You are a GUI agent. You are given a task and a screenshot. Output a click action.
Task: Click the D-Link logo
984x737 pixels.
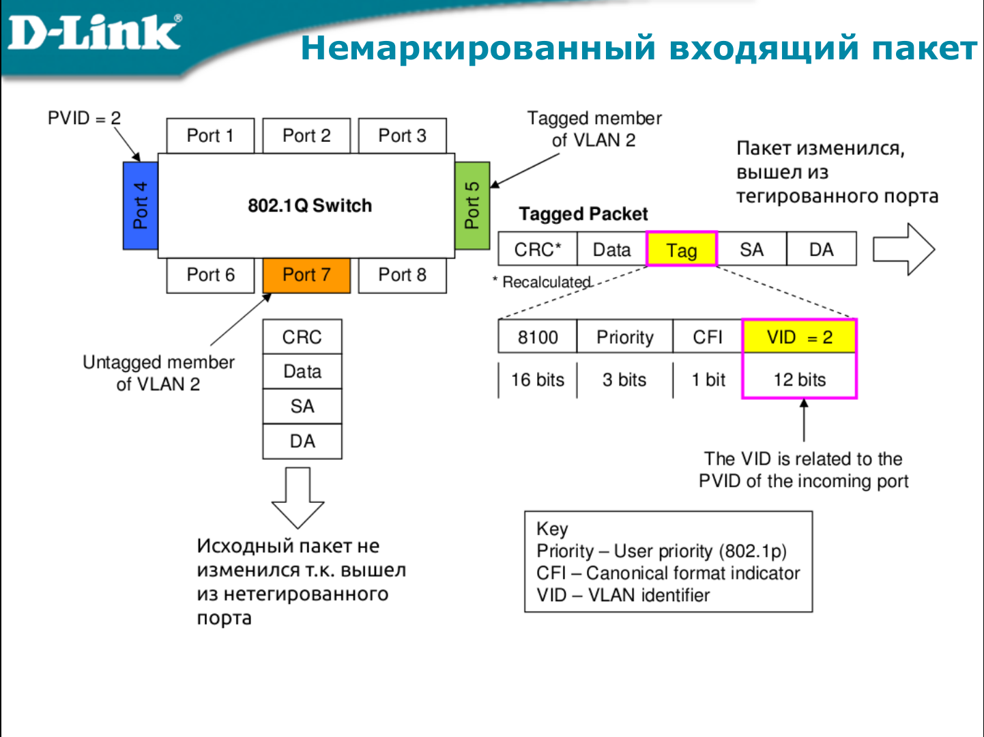(94, 32)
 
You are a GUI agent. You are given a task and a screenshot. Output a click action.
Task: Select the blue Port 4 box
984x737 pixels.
(141, 205)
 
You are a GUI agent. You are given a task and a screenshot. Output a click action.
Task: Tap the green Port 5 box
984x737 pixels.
(472, 205)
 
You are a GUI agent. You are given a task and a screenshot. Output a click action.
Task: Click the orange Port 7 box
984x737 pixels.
(306, 275)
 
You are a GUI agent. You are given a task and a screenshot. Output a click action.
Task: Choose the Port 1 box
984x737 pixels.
(210, 136)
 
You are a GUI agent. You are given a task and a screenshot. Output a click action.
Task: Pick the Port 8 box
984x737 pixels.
(402, 275)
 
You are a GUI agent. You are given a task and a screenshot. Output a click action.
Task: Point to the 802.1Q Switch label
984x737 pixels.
(310, 205)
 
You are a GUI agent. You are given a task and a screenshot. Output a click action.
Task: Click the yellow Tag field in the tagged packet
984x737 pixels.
(682, 250)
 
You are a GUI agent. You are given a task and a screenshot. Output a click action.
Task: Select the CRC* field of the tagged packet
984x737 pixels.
(538, 250)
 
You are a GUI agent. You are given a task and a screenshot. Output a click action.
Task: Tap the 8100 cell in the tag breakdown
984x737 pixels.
(538, 337)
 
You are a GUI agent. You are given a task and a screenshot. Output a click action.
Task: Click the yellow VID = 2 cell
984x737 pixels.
(799, 337)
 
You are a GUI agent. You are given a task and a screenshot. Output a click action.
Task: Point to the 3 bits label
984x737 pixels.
(624, 380)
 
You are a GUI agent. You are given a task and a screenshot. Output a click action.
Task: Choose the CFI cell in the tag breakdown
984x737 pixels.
(708, 337)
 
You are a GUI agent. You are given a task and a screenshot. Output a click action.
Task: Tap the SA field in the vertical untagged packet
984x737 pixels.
(302, 407)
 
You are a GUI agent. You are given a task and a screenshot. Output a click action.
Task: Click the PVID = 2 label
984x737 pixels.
(84, 118)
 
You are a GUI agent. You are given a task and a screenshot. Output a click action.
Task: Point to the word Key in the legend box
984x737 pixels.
(552, 529)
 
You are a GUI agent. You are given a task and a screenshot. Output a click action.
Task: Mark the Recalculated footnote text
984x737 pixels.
(546, 282)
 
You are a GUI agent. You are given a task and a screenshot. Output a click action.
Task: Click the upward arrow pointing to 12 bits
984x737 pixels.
(804, 420)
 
